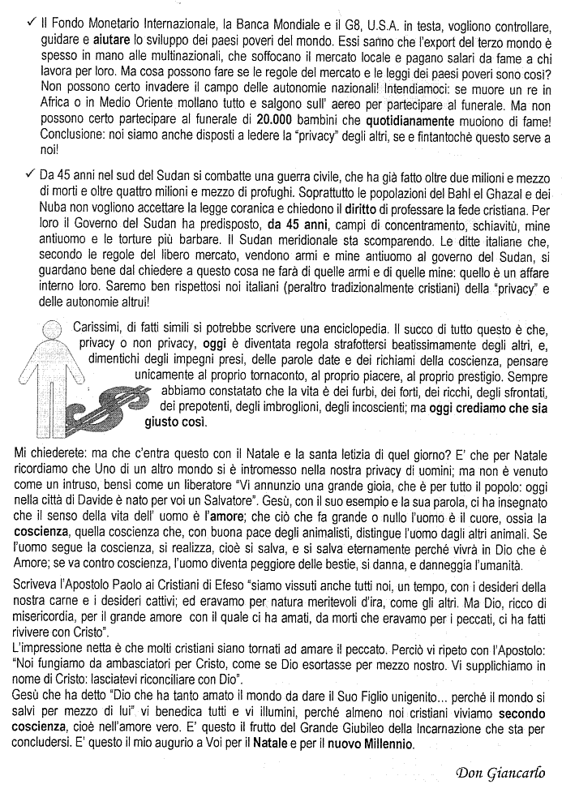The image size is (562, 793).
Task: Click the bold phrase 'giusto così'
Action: (175, 422)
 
